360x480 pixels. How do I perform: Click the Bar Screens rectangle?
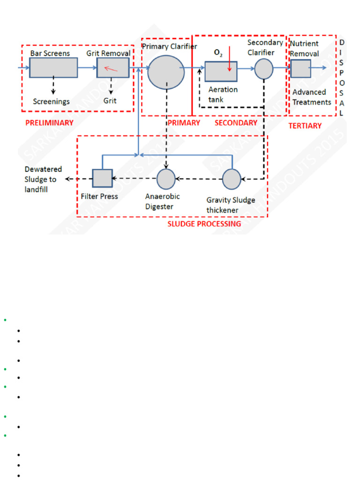pos(53,68)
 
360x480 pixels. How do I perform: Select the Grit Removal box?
pos(112,68)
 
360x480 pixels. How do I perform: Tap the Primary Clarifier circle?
pos(166,71)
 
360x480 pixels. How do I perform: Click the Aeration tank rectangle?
pos(221,71)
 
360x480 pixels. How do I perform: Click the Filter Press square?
pos(102,178)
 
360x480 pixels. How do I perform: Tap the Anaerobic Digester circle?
pos(165,179)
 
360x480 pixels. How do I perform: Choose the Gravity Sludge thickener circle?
pos(231,179)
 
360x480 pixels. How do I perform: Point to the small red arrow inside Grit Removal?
pos(111,69)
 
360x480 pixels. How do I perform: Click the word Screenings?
pos(51,101)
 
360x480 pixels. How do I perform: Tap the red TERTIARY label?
pos(305,126)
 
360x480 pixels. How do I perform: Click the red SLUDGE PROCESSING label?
pos(204,224)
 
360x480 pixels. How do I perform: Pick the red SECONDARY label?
pos(236,123)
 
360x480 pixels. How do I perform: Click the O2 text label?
pos(218,53)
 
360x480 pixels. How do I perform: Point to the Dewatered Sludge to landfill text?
pos(43,179)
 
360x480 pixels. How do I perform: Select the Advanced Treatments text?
pos(312,97)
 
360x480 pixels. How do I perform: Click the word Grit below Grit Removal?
pos(110,101)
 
